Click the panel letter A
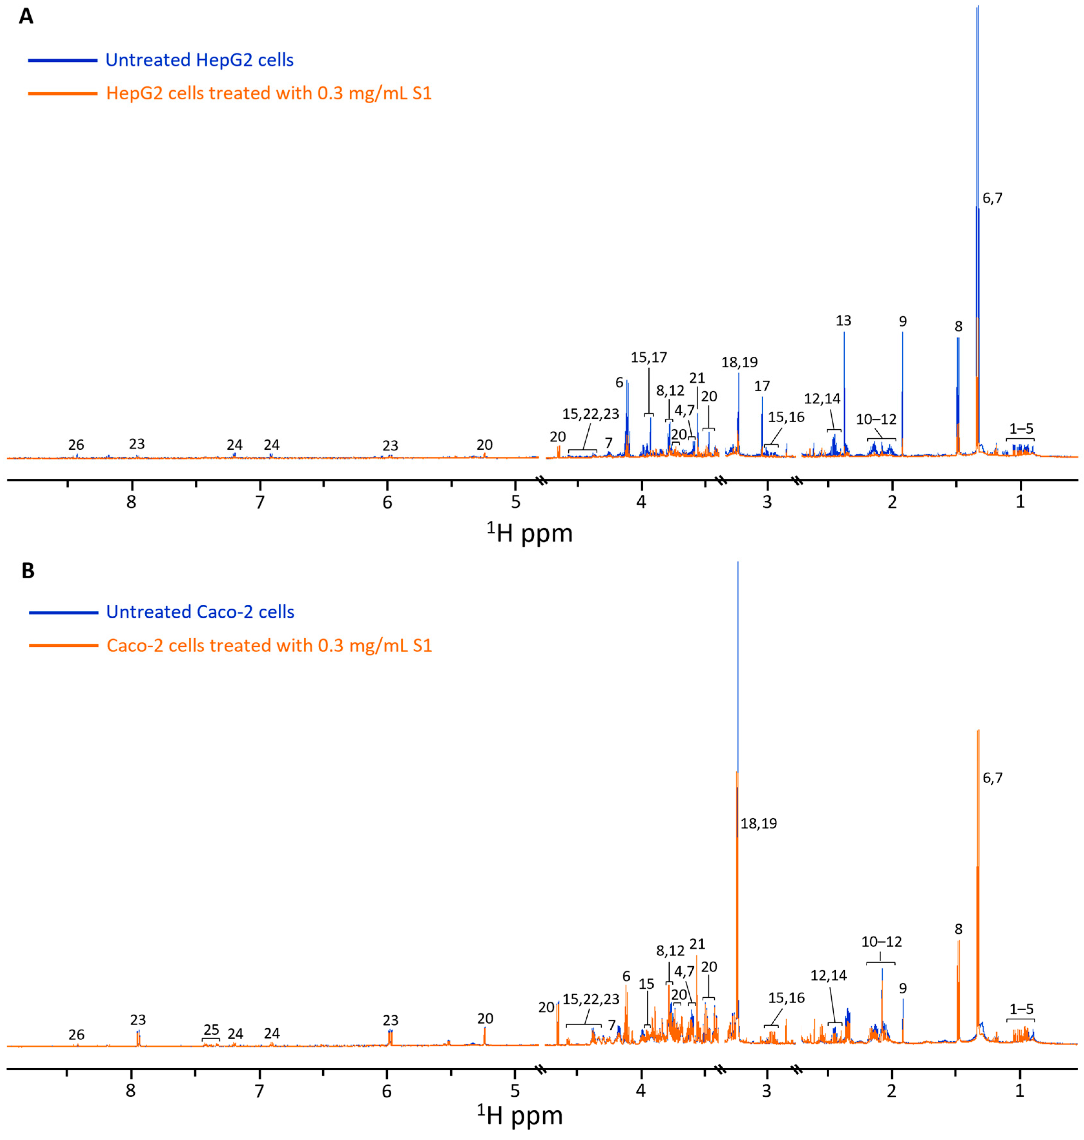pos(26,16)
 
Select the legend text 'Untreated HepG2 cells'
pos(199,60)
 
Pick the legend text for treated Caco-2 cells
pos(269,645)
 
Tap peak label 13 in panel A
pos(843,321)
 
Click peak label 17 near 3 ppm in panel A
pos(761,386)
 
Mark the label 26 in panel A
pos(76,445)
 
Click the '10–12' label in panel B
pos(881,942)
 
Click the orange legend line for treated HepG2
pos(62,93)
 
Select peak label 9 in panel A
pos(903,321)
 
